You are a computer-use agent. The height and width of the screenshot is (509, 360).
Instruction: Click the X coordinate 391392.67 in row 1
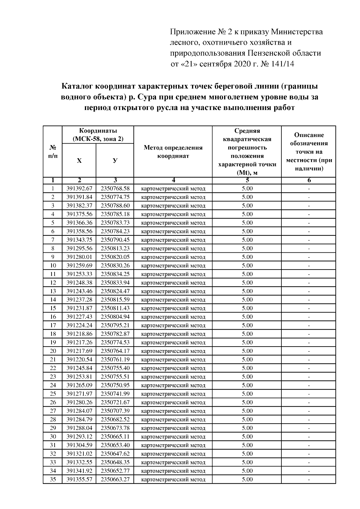[x=79, y=189]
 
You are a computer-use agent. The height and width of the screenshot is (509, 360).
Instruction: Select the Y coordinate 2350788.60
[x=115, y=206]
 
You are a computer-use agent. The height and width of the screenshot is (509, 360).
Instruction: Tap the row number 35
[x=53, y=479]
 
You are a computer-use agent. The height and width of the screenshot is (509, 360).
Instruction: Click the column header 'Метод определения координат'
[x=173, y=152]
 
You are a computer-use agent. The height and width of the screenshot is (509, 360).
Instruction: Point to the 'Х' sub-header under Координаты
[x=79, y=161]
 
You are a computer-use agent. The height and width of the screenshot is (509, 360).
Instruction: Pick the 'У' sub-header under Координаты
[x=115, y=161]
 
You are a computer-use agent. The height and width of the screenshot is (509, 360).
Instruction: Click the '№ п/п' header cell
[x=53, y=152]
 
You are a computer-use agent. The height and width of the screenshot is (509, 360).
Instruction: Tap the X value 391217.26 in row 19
[x=79, y=342]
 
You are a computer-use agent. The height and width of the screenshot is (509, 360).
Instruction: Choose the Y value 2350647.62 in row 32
[x=115, y=454]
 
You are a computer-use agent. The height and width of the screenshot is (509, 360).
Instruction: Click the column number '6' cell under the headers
[x=309, y=180]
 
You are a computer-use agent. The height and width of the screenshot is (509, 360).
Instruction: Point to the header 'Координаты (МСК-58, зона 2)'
[x=98, y=135]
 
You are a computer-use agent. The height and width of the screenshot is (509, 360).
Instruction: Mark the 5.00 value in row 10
[x=247, y=266]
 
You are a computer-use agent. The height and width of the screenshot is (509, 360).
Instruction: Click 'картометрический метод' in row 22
[x=173, y=368]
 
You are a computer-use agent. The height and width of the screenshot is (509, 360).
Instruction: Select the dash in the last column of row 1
[x=309, y=189]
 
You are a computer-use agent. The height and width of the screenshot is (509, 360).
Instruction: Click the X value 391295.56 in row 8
[x=79, y=249]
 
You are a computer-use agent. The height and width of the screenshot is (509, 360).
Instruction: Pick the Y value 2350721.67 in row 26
[x=115, y=402]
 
